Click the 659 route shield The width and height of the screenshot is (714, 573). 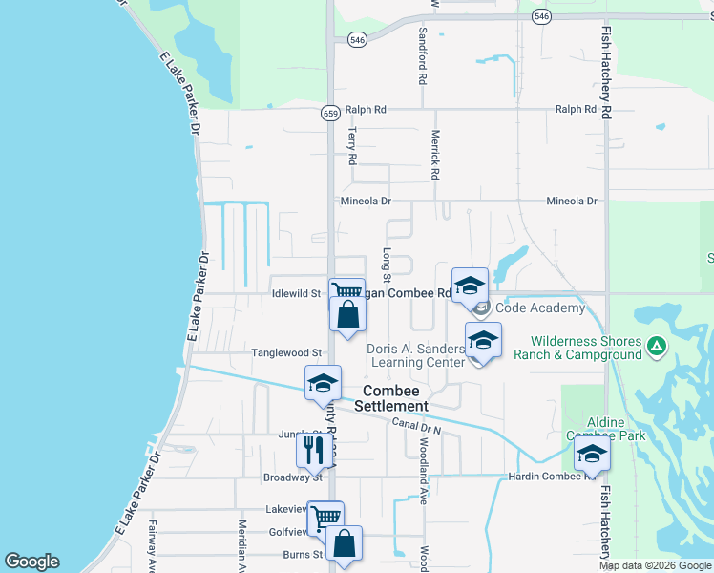tap(330, 113)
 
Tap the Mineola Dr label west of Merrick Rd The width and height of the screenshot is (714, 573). tap(367, 202)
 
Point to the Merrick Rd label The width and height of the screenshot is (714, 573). tap(435, 155)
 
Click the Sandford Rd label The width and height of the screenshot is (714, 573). tap(422, 53)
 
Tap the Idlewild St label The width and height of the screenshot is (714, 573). tap(296, 293)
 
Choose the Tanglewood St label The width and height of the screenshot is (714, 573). tap(286, 352)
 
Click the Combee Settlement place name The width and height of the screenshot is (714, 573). tap(391, 398)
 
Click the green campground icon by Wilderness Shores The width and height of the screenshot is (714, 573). tap(656, 347)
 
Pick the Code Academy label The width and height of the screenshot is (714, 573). tap(539, 308)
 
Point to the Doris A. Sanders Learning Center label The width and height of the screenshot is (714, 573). tap(416, 355)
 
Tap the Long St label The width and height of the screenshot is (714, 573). tap(387, 260)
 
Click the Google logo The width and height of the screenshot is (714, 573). tap(31, 562)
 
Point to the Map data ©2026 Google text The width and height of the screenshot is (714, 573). tap(654, 565)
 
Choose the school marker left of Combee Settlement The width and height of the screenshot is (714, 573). tap(323, 383)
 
